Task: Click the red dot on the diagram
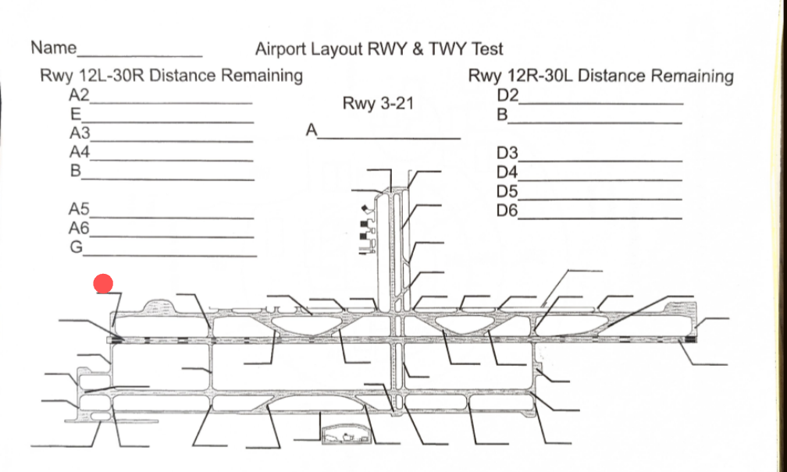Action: (x=104, y=284)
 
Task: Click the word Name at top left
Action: (x=53, y=48)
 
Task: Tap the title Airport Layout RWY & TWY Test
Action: (x=379, y=49)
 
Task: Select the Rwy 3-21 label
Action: (x=378, y=103)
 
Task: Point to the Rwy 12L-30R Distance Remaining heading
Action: (x=171, y=76)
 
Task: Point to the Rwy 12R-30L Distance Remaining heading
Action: (x=600, y=76)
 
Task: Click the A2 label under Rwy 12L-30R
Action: (x=80, y=95)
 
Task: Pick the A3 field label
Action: (x=80, y=133)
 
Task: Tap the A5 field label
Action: (x=80, y=208)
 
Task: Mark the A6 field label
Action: (x=80, y=228)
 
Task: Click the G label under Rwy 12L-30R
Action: (x=76, y=247)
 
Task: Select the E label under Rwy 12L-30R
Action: (x=76, y=114)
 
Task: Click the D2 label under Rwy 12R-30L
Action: (x=507, y=96)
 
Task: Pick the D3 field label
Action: (x=507, y=152)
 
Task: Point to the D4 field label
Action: (x=507, y=171)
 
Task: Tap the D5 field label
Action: (x=507, y=190)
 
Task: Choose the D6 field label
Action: (x=507, y=209)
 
